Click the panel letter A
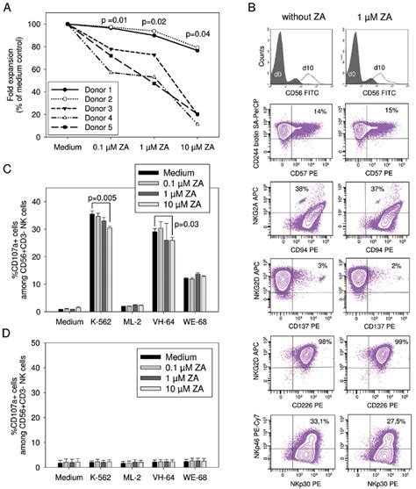point(6,8)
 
